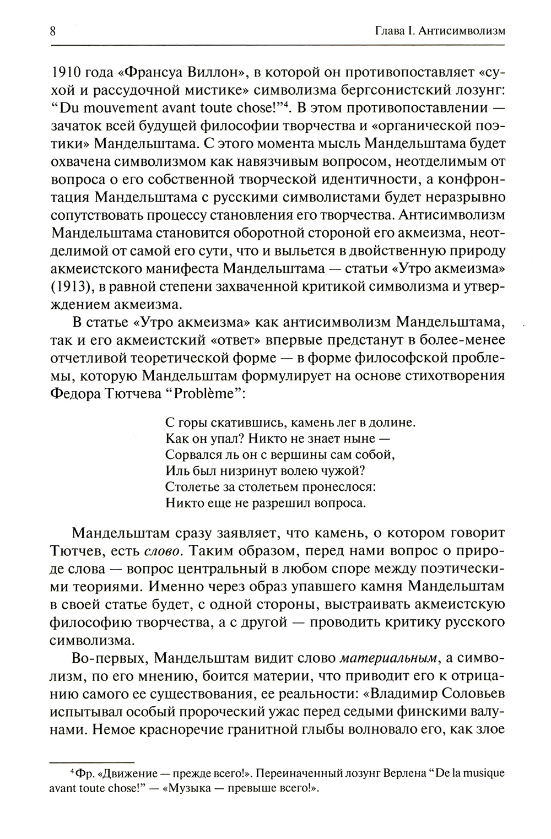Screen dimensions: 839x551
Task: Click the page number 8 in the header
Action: click(52, 31)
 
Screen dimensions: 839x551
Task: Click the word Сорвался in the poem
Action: click(189, 455)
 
